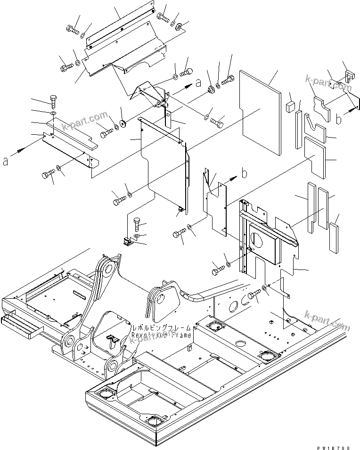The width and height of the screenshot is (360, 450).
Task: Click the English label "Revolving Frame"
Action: pos(161,335)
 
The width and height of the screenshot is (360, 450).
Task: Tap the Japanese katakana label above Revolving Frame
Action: pos(161,327)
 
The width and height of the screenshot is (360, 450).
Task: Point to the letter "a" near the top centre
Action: pos(198,83)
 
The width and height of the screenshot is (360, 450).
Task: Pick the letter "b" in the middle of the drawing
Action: pos(244,173)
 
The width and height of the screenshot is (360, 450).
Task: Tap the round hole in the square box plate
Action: pos(257,239)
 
